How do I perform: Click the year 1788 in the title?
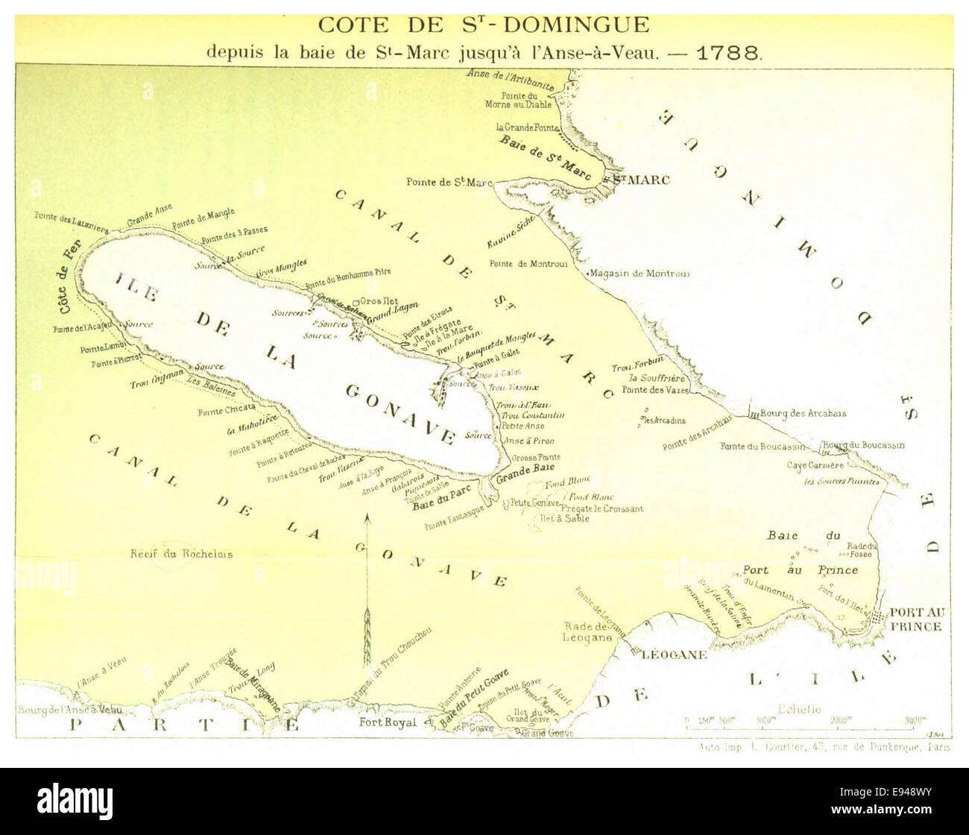click(728, 53)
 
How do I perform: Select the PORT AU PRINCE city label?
click(916, 620)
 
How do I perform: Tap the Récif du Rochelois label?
click(181, 554)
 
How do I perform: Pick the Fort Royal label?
click(388, 722)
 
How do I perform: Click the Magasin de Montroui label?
click(640, 274)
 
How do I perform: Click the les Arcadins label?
click(664, 420)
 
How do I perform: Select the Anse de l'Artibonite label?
click(511, 79)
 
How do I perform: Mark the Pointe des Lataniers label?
click(72, 221)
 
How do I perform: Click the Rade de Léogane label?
click(588, 632)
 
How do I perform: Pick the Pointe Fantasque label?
click(455, 519)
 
